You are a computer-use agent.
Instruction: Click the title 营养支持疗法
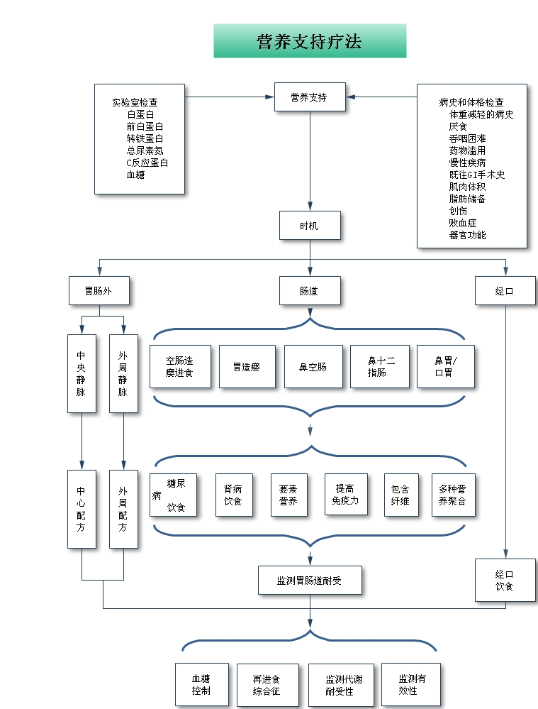310,41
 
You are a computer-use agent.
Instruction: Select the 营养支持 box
310,97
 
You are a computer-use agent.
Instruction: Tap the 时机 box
310,225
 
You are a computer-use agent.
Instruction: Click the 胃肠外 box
99,290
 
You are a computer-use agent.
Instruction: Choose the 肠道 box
310,290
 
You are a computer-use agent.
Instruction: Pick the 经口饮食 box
505,580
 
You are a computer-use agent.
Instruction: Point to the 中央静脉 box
82,373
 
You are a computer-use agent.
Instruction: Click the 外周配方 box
123,509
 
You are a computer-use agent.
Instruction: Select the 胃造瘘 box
247,367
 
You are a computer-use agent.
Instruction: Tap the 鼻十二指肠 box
380,367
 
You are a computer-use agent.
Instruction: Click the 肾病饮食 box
234,495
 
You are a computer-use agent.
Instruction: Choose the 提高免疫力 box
345,495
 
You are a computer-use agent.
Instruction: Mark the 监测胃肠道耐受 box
310,581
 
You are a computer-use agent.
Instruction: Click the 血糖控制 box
202,685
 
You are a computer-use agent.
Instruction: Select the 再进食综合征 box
267,685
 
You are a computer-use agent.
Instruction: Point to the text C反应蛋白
147,163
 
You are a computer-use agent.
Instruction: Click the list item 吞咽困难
467,138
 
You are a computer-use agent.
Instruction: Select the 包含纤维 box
400,495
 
